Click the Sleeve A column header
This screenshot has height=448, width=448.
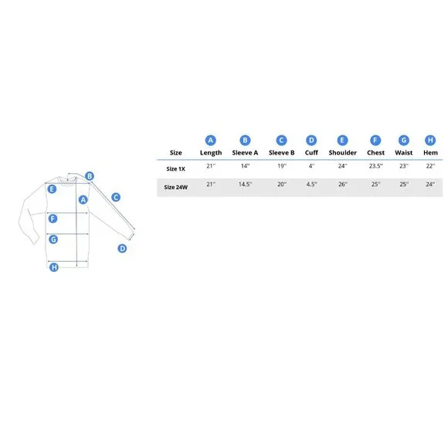(245, 153)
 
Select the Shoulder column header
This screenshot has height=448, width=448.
(343, 153)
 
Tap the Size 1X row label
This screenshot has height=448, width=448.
(175, 169)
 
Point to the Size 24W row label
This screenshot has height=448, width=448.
(175, 187)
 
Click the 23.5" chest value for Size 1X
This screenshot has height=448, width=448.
(375, 166)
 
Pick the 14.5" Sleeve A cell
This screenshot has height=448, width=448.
(245, 185)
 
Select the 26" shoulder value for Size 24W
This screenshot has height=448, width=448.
(343, 185)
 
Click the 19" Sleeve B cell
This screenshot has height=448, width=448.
(282, 166)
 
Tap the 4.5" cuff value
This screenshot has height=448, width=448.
(311, 185)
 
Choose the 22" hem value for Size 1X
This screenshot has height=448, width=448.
(430, 166)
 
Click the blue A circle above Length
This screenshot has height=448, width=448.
(211, 141)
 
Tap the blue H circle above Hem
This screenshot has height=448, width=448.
(430, 141)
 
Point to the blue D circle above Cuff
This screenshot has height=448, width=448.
(311, 141)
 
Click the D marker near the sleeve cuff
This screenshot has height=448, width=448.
(122, 249)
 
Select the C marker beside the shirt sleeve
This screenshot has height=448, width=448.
(116, 197)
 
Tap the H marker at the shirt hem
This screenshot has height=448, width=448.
(54, 267)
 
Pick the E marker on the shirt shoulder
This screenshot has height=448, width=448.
(52, 189)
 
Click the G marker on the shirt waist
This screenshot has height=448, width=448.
(53, 239)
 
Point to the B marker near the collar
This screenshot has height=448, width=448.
(90, 176)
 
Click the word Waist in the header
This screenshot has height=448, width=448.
(403, 153)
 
